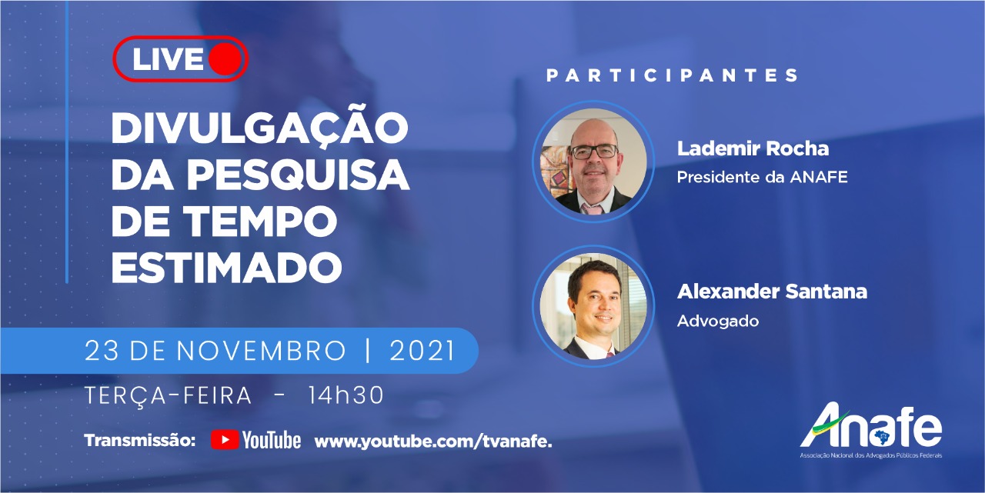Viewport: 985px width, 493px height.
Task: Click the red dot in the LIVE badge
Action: coord(225,59)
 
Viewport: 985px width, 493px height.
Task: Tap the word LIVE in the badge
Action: coord(168,59)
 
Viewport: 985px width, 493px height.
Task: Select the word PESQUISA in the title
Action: coord(299,174)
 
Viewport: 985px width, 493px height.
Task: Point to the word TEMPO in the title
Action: coord(260,220)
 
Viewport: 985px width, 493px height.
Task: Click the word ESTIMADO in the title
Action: coord(227,267)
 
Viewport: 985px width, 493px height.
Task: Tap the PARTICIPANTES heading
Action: coord(672,75)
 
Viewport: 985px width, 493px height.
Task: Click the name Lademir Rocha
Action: coord(753,148)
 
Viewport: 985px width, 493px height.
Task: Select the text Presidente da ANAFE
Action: coord(762,177)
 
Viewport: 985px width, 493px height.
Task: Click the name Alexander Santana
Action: coord(772,291)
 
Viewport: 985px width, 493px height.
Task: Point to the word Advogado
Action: coord(718,321)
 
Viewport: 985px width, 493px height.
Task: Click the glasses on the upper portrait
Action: coord(594,152)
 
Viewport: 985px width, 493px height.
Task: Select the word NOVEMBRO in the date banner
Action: coord(262,351)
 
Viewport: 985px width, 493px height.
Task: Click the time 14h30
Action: coord(346,395)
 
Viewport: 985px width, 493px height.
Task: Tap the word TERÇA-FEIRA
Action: coord(168,396)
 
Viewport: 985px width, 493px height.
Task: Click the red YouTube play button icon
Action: coord(225,440)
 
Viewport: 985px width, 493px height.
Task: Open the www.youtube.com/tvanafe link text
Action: coord(433,441)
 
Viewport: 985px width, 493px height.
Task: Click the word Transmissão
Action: coord(140,440)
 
